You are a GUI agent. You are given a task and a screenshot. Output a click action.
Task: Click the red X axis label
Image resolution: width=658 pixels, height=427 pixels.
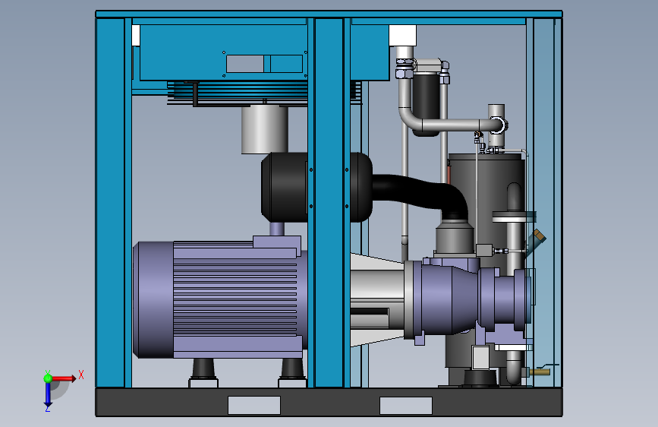click(x=81, y=375)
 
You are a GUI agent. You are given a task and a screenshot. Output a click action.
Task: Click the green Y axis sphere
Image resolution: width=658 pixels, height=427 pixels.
click(x=48, y=378)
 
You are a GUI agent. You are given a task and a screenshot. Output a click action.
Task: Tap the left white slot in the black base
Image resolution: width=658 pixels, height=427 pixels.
click(x=254, y=405)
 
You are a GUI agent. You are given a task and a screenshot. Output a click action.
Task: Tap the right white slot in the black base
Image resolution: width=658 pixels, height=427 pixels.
click(x=406, y=405)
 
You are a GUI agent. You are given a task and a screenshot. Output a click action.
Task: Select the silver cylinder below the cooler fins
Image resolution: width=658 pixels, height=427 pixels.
click(x=264, y=129)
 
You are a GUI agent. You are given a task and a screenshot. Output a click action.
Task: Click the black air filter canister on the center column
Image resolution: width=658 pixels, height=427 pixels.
click(x=316, y=188)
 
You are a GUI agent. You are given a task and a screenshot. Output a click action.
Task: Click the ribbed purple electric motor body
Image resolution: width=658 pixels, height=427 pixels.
click(x=235, y=299)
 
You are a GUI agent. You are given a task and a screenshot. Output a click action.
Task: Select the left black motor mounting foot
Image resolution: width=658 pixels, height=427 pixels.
click(x=203, y=369)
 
